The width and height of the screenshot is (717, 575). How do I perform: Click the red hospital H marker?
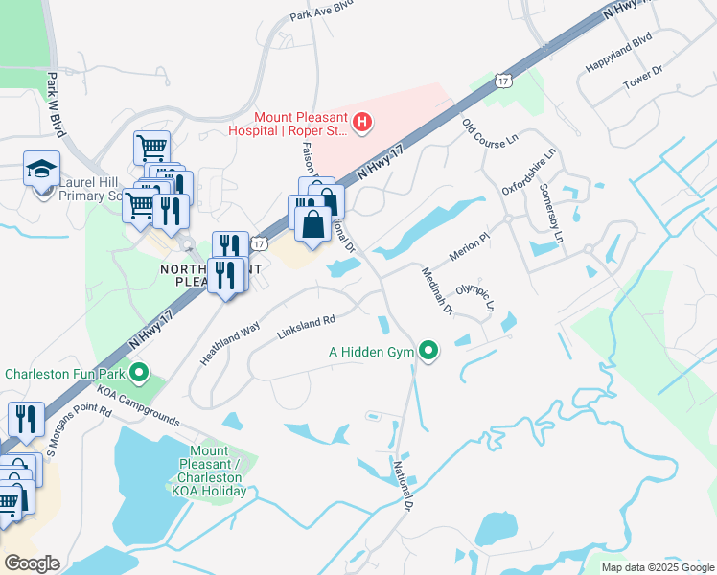[x=362, y=122]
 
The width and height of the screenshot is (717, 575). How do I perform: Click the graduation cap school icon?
[x=41, y=170]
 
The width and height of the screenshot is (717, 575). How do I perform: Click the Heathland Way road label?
[x=230, y=342]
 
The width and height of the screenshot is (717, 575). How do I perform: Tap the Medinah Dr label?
[x=436, y=290]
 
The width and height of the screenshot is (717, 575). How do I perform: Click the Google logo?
[x=31, y=563]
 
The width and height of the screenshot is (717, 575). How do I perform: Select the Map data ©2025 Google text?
[x=657, y=567]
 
